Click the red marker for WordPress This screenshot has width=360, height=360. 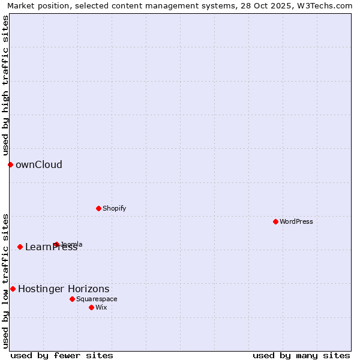coord(275,221)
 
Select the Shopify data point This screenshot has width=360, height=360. coord(98,208)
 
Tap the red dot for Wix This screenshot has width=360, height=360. coord(91,307)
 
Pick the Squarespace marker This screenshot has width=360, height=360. coord(72,299)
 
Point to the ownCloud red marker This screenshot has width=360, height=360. coord(10,164)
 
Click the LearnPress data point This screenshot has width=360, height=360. coord(20,247)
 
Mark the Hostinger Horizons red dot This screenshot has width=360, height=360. coord(13,289)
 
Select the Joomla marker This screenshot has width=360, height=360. coord(56,244)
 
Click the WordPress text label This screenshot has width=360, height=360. coord(296,221)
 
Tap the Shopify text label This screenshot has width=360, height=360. coord(114,208)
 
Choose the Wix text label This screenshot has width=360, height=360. coord(101,307)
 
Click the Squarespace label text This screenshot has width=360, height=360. coord(97,299)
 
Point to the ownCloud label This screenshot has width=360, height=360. coord(39,164)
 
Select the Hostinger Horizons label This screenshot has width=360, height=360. coord(64,289)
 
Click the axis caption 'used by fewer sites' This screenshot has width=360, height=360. coord(62,355)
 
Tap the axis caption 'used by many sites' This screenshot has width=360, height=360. coord(301,355)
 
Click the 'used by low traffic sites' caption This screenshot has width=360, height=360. coord(5,281)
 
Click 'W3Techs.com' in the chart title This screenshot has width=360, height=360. coord(328,5)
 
